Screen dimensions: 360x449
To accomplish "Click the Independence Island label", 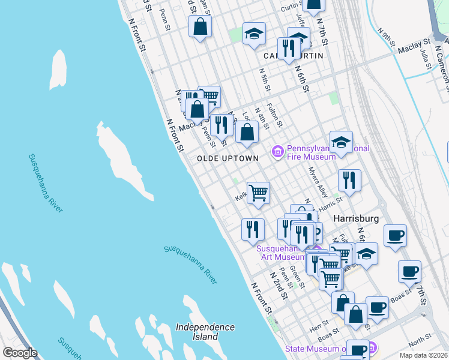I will pyautogui.click(x=205, y=332).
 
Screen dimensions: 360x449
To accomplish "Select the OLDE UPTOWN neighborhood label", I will pyautogui.click(x=228, y=158).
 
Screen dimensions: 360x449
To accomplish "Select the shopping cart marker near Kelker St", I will pyautogui.click(x=258, y=193).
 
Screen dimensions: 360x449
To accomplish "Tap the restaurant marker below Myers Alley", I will pyautogui.click(x=349, y=179).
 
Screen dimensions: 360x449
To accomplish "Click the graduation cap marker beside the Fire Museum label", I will pyautogui.click(x=341, y=142).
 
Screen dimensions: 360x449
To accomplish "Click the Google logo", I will pyautogui.click(x=20, y=353).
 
